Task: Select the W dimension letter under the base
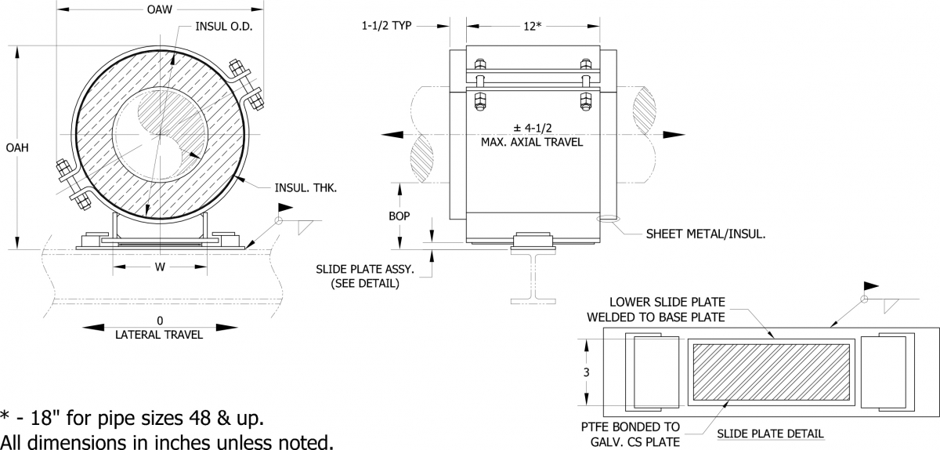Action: pyautogui.click(x=159, y=267)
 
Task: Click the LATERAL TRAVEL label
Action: pyautogui.click(x=159, y=335)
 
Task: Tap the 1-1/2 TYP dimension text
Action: pyautogui.click(x=387, y=26)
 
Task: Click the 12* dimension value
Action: pyautogui.click(x=532, y=26)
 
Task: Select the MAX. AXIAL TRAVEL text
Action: pyautogui.click(x=532, y=143)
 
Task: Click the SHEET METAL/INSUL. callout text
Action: pyautogui.click(x=706, y=234)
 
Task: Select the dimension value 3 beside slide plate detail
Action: pyautogui.click(x=587, y=372)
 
